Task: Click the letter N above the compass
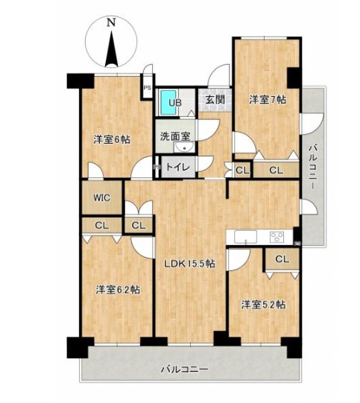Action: (111, 23)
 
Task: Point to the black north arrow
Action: (111, 49)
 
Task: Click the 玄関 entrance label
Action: (215, 100)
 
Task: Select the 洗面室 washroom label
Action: (175, 136)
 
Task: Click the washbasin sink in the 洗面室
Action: (184, 147)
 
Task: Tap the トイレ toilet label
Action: (178, 168)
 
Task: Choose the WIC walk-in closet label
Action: (102, 197)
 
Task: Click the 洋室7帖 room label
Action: (268, 100)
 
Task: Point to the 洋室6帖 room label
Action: (112, 140)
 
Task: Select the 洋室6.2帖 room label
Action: (118, 290)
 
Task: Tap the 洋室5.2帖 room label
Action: (263, 305)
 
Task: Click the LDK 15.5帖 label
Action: (190, 264)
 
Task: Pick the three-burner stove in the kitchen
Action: (277, 237)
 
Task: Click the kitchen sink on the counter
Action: (245, 237)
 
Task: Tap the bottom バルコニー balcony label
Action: (184, 369)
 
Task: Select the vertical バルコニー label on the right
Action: (313, 167)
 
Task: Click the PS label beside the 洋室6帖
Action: (148, 88)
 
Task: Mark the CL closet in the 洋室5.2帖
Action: (282, 259)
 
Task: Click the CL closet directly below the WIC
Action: (102, 226)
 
